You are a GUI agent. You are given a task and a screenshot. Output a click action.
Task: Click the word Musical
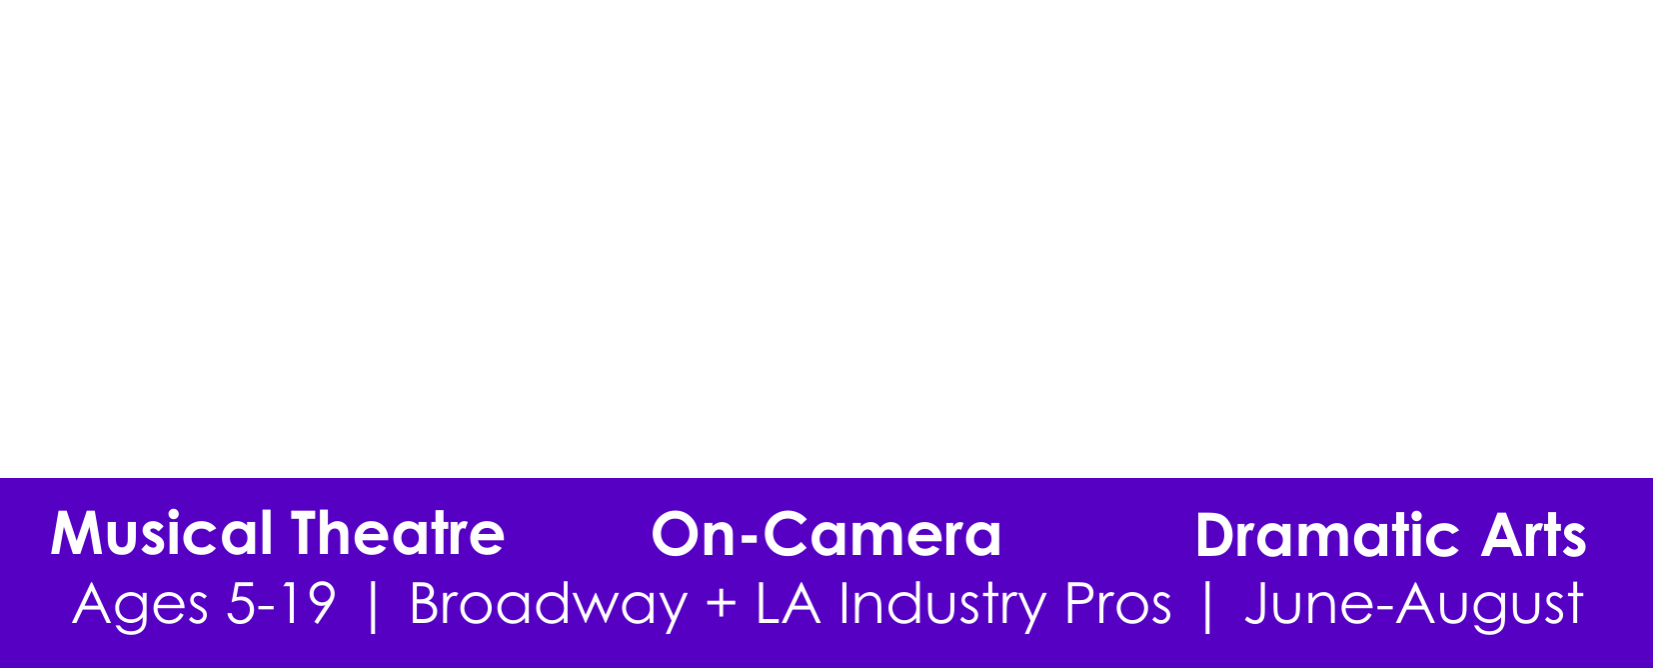161,533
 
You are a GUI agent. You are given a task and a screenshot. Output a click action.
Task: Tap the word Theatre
398,533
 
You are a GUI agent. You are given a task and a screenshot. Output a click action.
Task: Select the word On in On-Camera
694,534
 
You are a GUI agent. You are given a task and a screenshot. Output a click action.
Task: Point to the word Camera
881,534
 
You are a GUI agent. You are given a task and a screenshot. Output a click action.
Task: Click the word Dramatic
1327,534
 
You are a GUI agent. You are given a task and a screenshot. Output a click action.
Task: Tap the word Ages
140,606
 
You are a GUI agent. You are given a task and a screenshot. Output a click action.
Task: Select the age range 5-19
281,603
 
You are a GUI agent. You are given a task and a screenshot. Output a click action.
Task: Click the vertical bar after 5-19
373,606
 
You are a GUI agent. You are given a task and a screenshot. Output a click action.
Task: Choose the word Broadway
549,606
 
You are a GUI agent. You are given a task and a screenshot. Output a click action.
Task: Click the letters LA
788,603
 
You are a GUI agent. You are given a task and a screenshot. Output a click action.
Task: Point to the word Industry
942,606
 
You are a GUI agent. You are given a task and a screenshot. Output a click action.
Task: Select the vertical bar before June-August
1208,606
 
